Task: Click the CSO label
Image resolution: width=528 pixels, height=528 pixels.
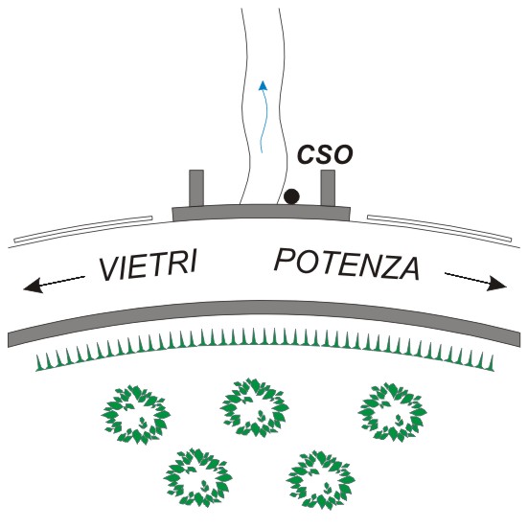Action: click(x=326, y=154)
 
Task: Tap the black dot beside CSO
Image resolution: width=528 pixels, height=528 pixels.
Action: click(x=291, y=196)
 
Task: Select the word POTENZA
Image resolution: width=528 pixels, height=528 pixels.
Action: click(x=348, y=264)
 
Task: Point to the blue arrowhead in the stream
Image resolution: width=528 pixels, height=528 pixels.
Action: click(x=263, y=85)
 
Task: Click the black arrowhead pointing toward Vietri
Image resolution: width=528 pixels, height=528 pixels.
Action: click(x=33, y=285)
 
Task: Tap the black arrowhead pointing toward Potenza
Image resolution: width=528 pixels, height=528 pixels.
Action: click(x=497, y=283)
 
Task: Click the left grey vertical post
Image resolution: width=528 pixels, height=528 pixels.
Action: click(x=196, y=188)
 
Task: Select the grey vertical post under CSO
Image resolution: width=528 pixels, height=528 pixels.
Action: click(x=328, y=188)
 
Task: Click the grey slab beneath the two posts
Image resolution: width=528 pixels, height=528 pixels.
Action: click(x=262, y=212)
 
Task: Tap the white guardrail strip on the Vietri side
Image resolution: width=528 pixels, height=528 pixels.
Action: click(x=82, y=229)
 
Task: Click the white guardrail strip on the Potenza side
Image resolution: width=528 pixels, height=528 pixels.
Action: click(x=439, y=228)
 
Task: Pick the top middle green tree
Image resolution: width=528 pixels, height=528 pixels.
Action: click(x=254, y=406)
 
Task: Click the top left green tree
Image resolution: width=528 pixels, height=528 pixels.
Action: click(x=136, y=414)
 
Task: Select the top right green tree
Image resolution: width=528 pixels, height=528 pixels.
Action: click(x=392, y=411)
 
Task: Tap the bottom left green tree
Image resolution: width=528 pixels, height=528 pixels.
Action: click(x=198, y=477)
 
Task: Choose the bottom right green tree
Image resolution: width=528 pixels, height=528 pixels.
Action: click(x=321, y=480)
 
